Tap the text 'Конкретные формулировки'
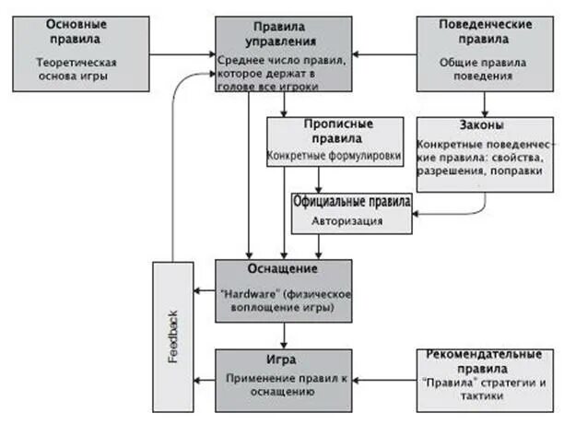[335, 157]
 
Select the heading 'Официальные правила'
[352, 200]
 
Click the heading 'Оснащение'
[283, 269]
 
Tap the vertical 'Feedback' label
[173, 336]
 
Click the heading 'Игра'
[284, 360]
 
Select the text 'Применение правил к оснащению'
[284, 384]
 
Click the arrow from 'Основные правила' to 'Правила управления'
[182, 52]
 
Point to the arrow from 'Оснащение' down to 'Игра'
[284, 335]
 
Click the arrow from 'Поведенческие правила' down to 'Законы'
[486, 103]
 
